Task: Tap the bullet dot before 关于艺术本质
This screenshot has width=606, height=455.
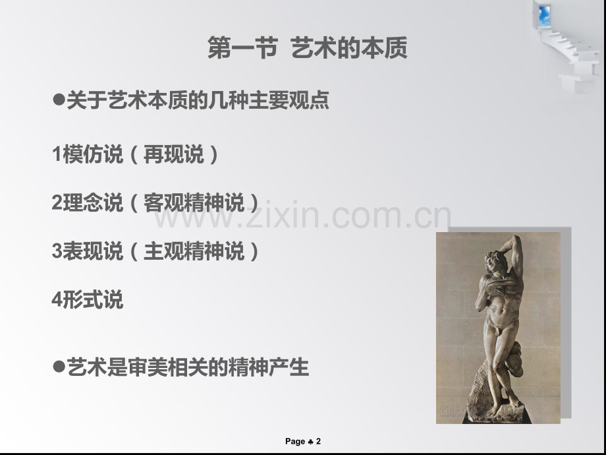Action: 58,101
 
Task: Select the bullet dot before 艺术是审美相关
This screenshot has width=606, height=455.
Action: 58,366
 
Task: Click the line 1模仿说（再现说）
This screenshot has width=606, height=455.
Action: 136,155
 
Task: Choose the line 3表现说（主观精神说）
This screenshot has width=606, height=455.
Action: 155,251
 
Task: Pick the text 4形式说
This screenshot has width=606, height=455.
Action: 88,300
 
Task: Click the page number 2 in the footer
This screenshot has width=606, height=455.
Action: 318,442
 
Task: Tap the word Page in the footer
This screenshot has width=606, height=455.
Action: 295,442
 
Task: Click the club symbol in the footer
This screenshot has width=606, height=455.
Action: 310,442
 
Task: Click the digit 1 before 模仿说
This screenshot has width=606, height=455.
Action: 56,156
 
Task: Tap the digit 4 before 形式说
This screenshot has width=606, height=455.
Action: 57,301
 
